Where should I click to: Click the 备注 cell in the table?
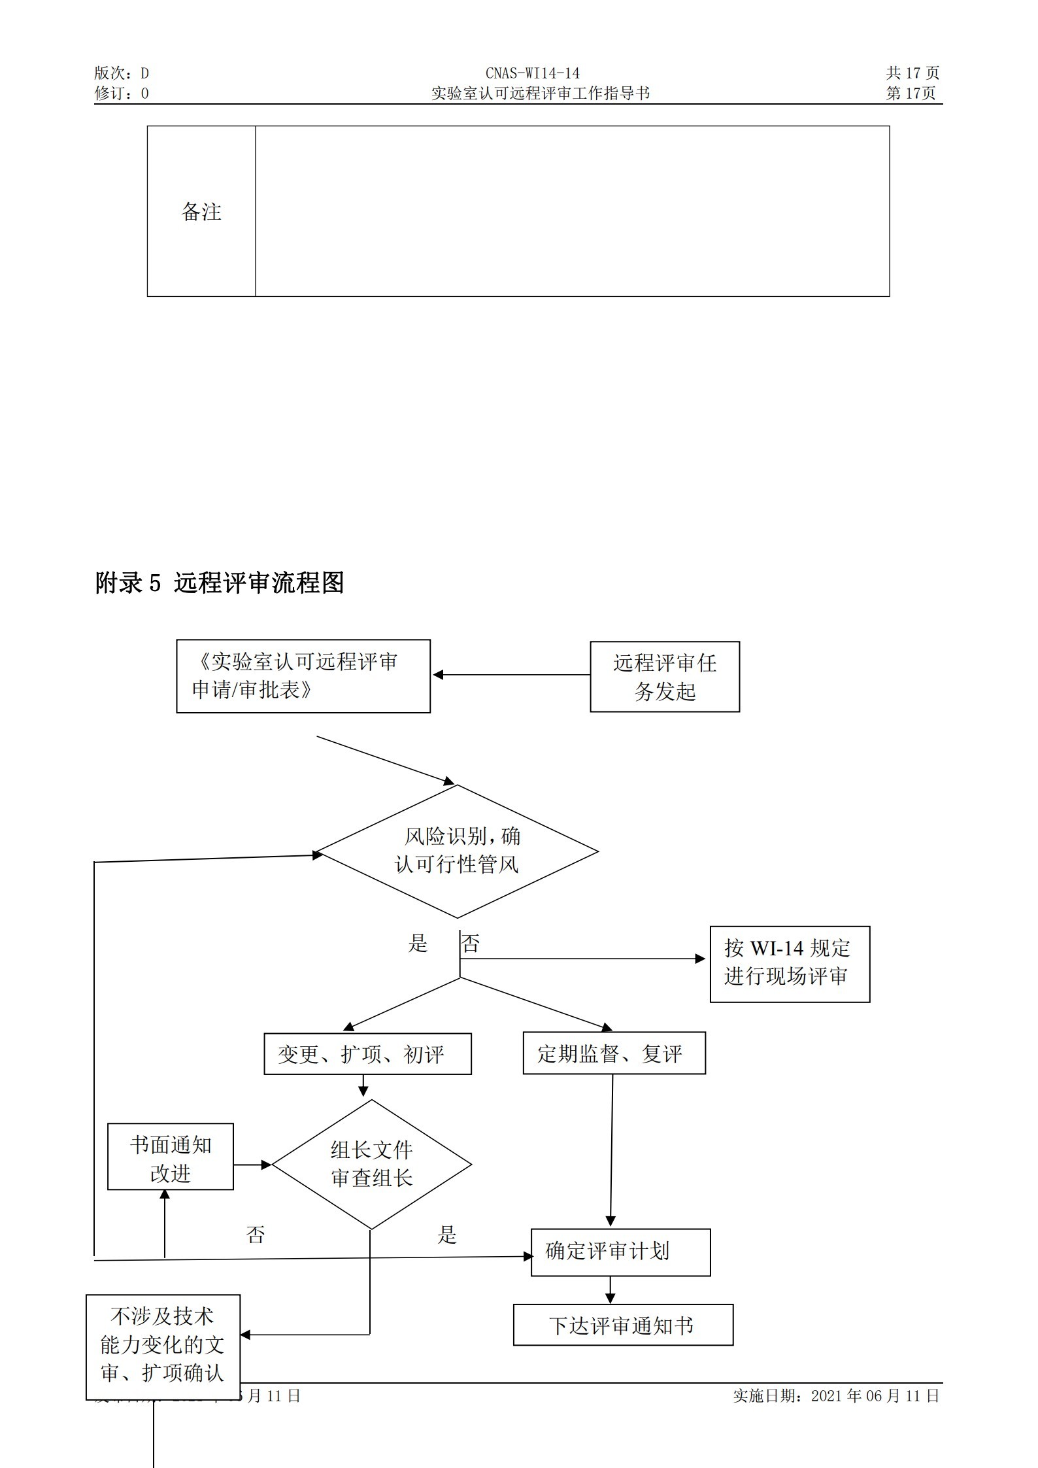(201, 211)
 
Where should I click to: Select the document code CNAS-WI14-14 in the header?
(532, 73)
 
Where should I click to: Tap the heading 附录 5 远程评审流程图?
(220, 583)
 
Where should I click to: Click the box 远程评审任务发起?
(665, 677)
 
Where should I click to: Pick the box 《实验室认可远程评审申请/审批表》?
(303, 676)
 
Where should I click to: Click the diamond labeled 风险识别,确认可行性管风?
(457, 851)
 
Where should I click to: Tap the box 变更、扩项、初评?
(367, 1054)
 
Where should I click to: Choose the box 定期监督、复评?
(614, 1053)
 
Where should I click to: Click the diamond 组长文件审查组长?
(371, 1165)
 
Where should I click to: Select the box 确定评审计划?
(620, 1252)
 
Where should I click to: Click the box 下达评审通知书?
(623, 1326)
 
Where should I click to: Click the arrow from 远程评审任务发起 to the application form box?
(511, 675)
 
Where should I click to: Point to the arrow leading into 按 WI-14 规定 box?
(582, 959)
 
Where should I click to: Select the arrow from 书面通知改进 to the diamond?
(252, 1165)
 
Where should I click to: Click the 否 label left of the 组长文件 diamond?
(256, 1235)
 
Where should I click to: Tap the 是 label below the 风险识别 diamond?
(418, 944)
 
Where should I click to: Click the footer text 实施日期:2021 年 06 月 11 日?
(836, 1396)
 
